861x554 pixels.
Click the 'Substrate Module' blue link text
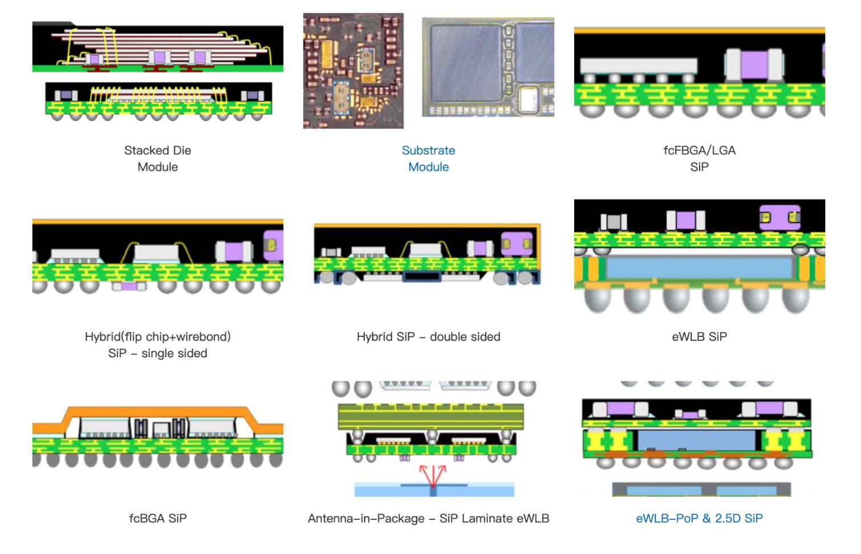tap(428, 158)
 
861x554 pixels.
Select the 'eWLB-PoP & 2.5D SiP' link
tap(699, 518)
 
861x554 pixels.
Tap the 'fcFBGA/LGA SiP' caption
tap(699, 158)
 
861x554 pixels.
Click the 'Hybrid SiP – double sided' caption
tap(428, 336)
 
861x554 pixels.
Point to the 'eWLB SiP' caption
tap(699, 336)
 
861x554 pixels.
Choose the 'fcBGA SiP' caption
tap(157, 518)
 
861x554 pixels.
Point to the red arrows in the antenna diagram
tap(433, 475)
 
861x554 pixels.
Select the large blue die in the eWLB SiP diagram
tap(699, 267)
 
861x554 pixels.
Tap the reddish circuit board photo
tap(353, 71)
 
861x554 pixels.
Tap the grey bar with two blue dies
tap(701, 489)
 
